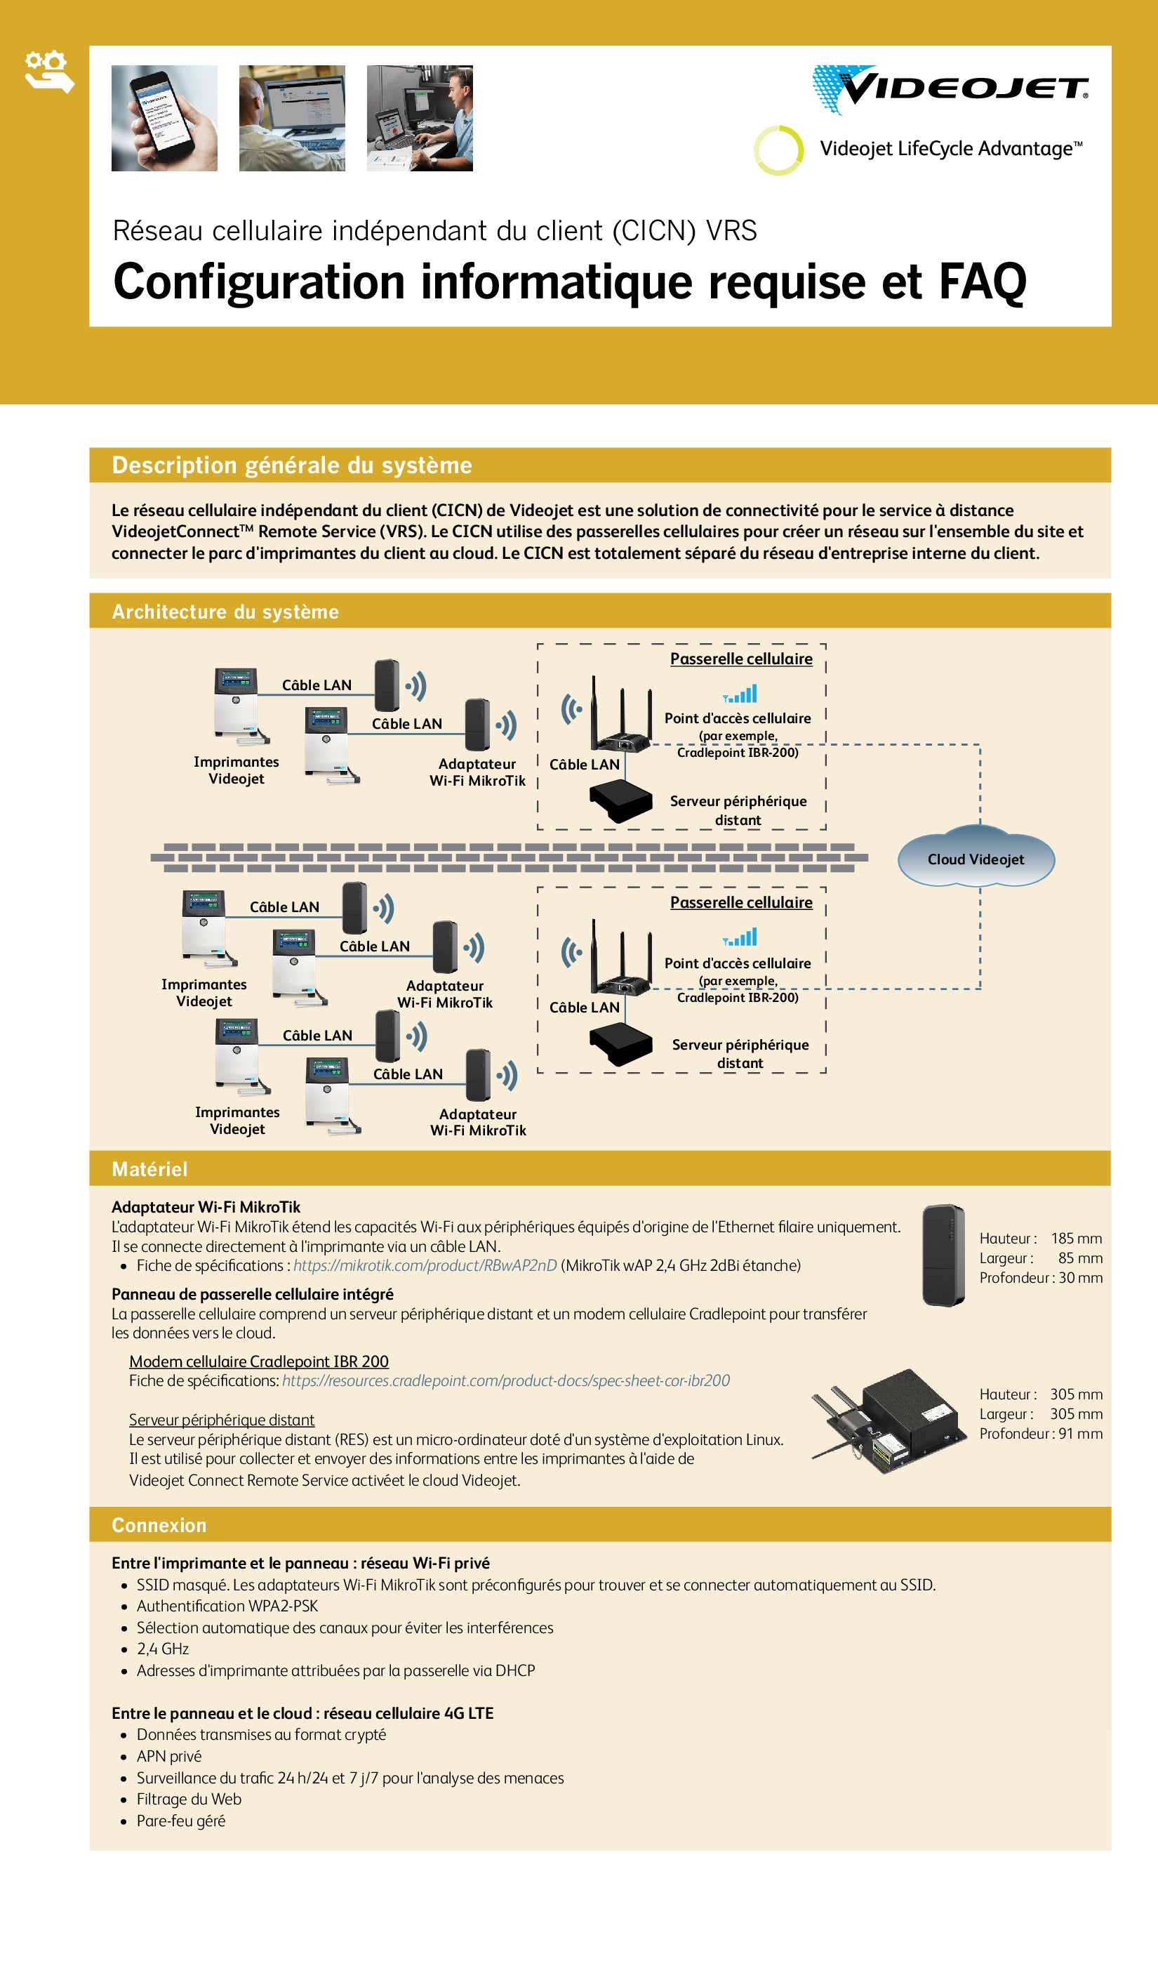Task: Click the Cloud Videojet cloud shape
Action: pyautogui.click(x=976, y=859)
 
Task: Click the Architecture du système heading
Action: pyautogui.click(x=225, y=612)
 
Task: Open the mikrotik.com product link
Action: pyautogui.click(x=425, y=1265)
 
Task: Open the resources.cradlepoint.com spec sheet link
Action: pyautogui.click(x=505, y=1380)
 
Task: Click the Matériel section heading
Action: pyautogui.click(x=149, y=1169)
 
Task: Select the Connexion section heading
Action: pyautogui.click(x=159, y=1525)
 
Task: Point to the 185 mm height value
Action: pyautogui.click(x=1076, y=1239)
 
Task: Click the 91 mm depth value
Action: pyautogui.click(x=1080, y=1434)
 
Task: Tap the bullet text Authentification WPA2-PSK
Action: pyautogui.click(x=227, y=1607)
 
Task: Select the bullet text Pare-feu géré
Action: pyautogui.click(x=181, y=1821)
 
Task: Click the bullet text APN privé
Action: pyautogui.click(x=168, y=1756)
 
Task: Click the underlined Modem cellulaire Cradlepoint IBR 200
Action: pyautogui.click(x=258, y=1362)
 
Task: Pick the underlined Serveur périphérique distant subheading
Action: pyautogui.click(x=222, y=1420)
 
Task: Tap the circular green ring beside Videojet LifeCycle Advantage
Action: pyautogui.click(x=778, y=150)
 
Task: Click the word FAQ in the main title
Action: pyautogui.click(x=982, y=282)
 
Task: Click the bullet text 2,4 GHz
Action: pyautogui.click(x=162, y=1649)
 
